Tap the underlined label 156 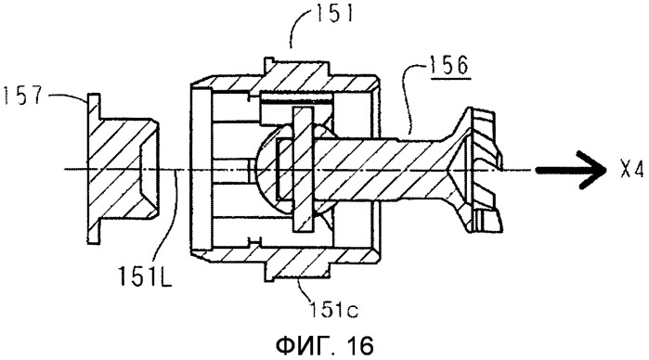450,65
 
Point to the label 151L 145,276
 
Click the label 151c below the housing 334,309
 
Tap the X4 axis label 632,170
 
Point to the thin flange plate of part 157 94,169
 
